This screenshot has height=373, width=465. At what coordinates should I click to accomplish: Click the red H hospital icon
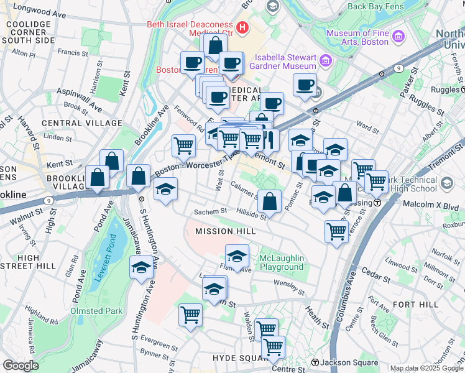(242, 28)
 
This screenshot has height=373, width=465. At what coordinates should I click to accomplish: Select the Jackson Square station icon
(315, 362)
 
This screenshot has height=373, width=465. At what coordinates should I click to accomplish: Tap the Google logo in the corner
(21, 366)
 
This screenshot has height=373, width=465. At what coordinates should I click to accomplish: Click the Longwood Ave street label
(37, 9)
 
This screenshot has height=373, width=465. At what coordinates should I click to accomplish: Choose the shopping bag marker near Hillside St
(269, 201)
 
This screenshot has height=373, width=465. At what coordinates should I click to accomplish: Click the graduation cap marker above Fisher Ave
(237, 255)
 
